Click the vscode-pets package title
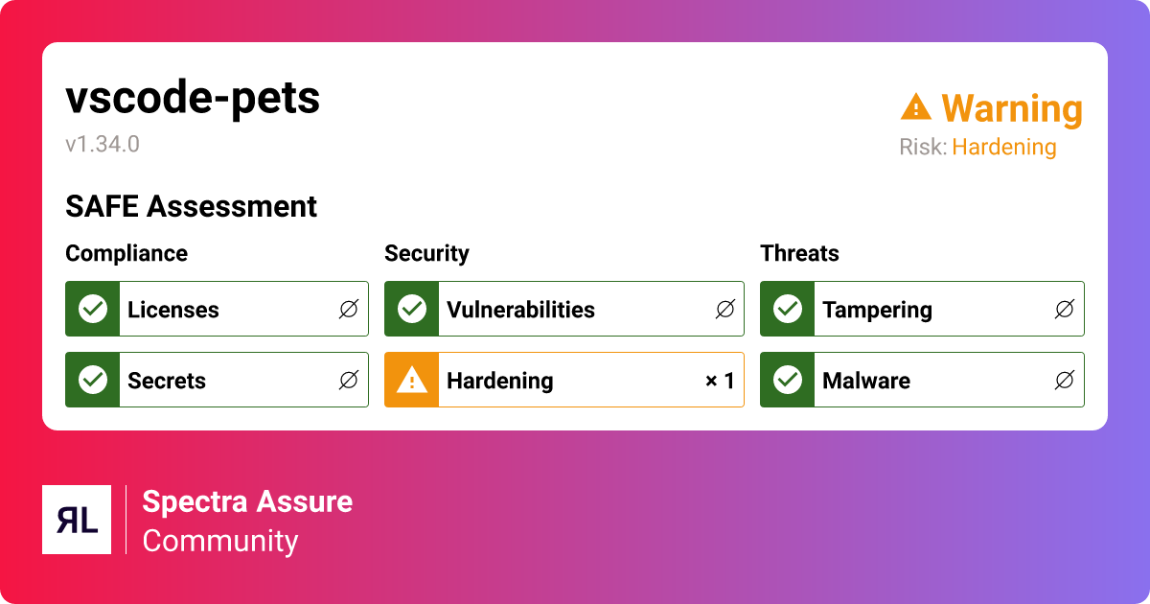193,99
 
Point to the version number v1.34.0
103,145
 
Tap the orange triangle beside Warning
916,107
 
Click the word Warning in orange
1012,109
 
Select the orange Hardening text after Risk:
1003,148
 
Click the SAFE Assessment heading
191,206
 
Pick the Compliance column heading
126,253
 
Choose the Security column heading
426,253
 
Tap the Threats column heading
799,253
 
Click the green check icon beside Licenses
93,309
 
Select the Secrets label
167,381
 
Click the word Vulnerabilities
520,310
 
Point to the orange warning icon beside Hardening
412,381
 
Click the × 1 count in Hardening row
720,381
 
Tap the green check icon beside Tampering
788,309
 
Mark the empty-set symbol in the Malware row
1064,381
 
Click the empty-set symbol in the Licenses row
348,309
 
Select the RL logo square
77,520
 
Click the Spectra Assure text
247,501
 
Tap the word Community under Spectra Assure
220,541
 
